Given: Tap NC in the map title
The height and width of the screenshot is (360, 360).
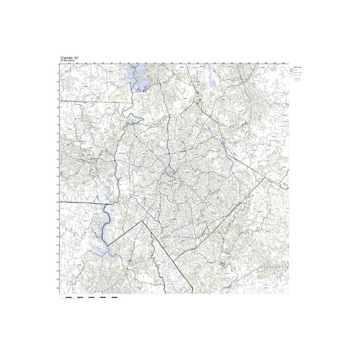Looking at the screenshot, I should pyautogui.click(x=77, y=58).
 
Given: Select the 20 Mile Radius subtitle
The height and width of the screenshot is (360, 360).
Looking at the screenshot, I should pyautogui.click(x=67, y=61).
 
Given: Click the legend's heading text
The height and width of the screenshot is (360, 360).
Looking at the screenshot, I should pyautogui.click(x=296, y=67).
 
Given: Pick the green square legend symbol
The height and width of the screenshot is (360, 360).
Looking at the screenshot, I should pyautogui.click(x=291, y=70).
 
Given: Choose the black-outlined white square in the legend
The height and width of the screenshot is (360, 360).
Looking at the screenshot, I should pyautogui.click(x=291, y=74).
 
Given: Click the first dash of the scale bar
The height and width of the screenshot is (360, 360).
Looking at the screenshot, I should pyautogui.click(x=68, y=297).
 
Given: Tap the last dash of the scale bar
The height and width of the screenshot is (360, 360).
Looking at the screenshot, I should pyautogui.click(x=114, y=297).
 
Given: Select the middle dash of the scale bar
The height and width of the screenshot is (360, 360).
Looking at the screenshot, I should pyautogui.click(x=91, y=297).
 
